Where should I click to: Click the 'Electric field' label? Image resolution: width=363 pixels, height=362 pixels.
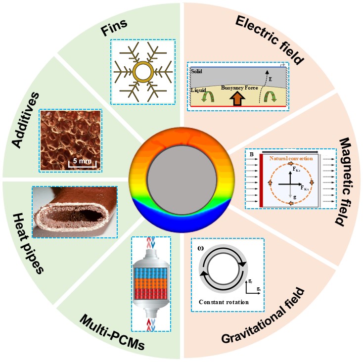click(x=270, y=40)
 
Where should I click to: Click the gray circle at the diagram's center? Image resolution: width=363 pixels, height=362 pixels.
click(x=181, y=181)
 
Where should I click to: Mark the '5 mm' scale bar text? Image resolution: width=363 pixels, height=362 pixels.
click(x=78, y=160)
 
